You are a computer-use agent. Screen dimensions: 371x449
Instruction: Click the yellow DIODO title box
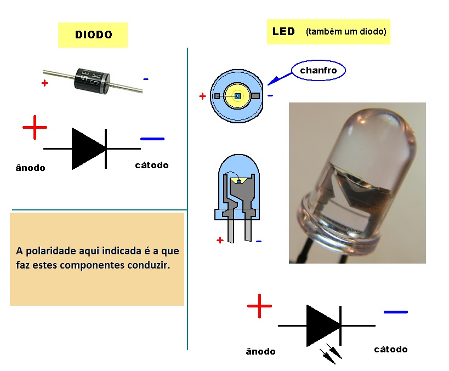93,35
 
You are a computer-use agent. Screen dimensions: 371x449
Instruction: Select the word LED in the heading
283,31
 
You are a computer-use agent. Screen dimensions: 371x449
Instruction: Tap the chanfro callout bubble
319,70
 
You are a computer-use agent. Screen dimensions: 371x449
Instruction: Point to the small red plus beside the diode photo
44,83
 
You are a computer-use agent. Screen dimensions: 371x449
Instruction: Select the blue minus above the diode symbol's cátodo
152,139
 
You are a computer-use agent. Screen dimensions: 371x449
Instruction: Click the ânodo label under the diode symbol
31,168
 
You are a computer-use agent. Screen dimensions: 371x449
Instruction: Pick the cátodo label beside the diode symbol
152,165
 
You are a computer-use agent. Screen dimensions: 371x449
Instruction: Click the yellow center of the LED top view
237,96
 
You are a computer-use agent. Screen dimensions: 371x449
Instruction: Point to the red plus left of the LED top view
202,96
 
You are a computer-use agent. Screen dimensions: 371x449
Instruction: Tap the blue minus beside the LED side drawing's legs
258,241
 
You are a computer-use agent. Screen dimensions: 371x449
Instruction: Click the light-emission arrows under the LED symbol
331,353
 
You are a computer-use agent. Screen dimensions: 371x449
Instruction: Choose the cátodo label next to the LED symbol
390,349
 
